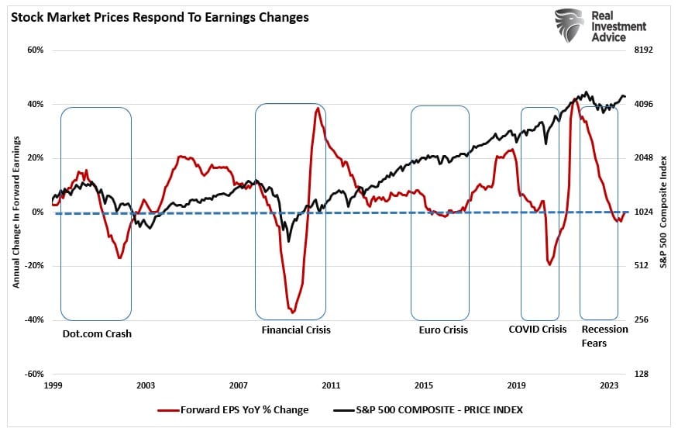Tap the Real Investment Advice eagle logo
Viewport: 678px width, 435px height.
570,26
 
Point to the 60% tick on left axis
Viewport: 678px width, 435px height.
35,50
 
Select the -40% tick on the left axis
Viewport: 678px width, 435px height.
33,319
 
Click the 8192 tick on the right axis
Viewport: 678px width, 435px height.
645,50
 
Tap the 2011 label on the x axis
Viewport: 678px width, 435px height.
331,385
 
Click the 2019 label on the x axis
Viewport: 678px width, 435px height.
517,385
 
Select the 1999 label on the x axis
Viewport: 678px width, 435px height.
53,385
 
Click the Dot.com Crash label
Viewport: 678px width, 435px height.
97,333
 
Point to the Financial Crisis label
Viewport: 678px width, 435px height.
296,330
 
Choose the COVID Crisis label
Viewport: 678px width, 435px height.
538,330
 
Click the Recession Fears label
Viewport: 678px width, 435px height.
604,336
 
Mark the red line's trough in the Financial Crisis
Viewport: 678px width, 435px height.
292,312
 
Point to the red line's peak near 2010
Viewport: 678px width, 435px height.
318,109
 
